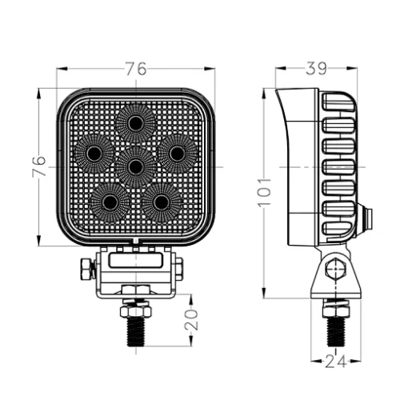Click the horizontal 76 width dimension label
click(136, 69)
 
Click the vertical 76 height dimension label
click(39, 166)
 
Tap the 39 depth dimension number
click(316, 68)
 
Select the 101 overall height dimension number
click(265, 192)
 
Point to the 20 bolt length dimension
click(191, 320)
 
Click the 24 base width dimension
click(335, 362)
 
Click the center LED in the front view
click(136, 166)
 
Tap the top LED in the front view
click(136, 123)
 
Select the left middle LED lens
click(94, 153)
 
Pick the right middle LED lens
click(178, 153)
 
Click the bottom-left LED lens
click(110, 202)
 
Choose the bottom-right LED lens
click(162, 202)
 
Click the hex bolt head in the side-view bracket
click(335, 269)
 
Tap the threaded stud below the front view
click(136, 331)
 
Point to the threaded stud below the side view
click(336, 332)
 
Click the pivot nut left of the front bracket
click(87, 269)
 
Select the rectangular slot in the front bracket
click(136, 260)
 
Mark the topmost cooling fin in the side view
click(338, 102)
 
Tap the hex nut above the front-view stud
click(136, 311)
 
